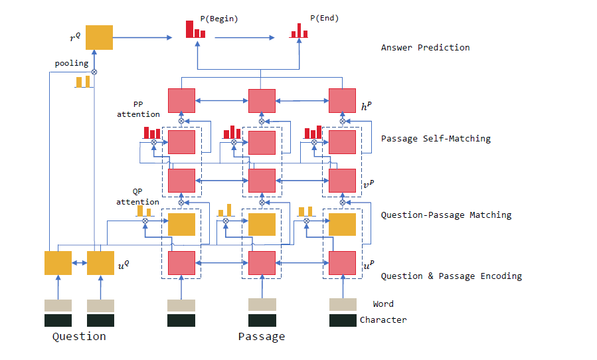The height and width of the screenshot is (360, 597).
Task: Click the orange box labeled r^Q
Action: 100,37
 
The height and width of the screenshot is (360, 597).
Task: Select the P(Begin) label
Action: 218,19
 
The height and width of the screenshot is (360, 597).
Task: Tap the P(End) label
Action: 324,19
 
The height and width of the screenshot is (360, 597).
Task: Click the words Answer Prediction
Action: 425,48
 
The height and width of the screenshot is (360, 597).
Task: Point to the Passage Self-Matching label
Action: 436,139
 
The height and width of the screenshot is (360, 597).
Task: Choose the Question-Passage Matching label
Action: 446,215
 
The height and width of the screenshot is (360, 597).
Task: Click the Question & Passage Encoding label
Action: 451,276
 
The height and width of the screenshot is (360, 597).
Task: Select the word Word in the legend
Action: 383,304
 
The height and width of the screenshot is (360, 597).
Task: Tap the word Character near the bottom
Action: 383,320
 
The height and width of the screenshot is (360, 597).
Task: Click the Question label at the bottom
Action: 79,337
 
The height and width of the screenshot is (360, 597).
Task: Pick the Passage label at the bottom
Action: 262,337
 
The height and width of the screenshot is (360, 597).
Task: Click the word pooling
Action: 71,63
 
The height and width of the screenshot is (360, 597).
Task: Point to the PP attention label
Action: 138,109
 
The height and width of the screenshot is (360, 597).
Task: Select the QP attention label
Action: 138,197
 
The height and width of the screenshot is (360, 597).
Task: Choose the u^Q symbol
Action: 124,264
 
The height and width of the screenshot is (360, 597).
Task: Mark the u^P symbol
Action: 367,264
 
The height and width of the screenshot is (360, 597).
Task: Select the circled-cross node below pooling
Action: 94,72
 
